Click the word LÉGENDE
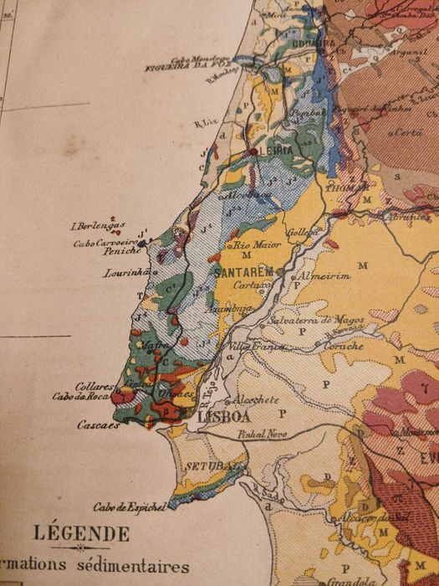pos(81,533)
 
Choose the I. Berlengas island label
pos(99,225)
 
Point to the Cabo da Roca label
pos(81,397)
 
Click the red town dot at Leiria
pos(253,152)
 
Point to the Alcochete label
pos(255,400)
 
